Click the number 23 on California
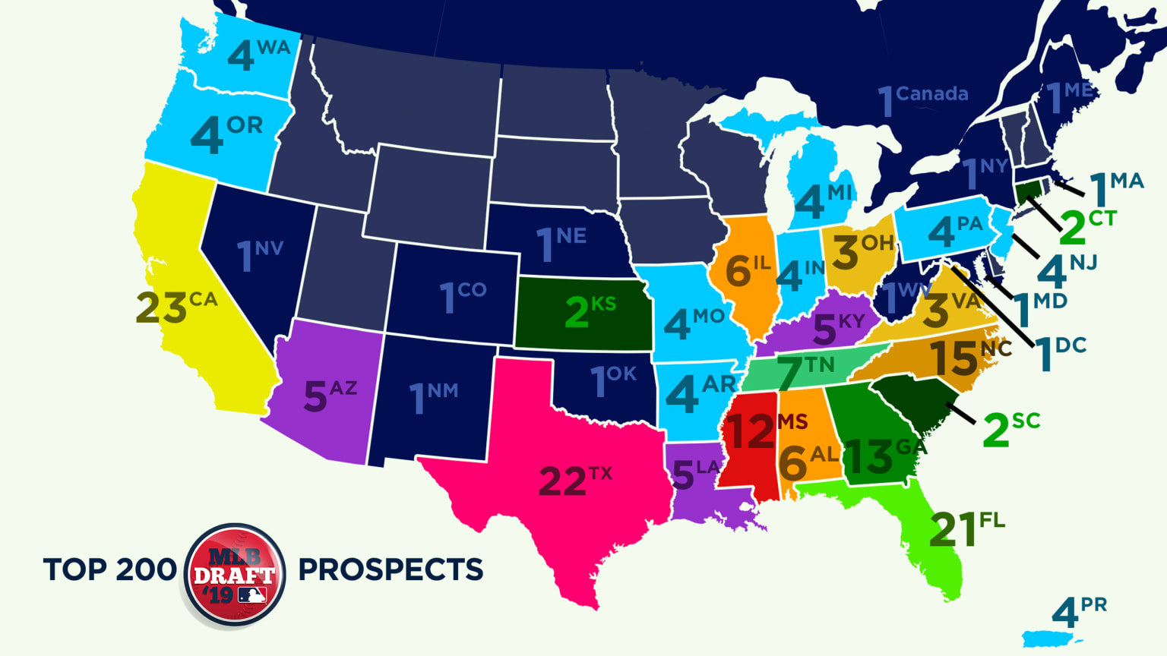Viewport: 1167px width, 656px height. coord(161,308)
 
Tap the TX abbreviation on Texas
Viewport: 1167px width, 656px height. coord(599,473)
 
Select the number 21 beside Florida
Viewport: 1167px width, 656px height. coord(952,529)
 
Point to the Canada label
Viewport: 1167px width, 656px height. coord(931,94)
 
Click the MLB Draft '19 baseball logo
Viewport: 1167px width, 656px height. coord(235,576)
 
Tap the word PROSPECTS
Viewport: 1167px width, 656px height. coord(391,569)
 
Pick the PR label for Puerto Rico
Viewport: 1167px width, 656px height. coord(1093,605)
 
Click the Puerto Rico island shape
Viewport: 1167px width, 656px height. coord(1052,639)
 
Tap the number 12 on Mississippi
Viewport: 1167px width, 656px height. coord(750,432)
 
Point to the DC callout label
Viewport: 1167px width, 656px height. coord(1071,345)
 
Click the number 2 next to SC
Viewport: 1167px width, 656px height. coord(995,431)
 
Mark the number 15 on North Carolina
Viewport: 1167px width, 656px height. coord(954,358)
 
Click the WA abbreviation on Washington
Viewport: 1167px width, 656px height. coord(274,47)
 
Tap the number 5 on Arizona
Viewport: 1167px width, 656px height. coord(315,397)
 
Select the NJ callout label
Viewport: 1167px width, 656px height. coord(1083,263)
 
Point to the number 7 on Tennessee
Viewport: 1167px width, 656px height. coord(789,374)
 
